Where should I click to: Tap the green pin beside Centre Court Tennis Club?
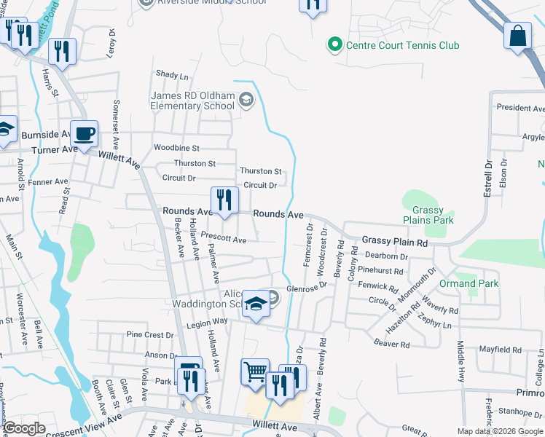click(335, 45)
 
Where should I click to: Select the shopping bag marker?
click(517, 36)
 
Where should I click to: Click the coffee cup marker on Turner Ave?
click(85, 134)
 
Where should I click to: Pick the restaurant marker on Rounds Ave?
click(224, 200)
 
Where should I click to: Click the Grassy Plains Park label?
click(428, 215)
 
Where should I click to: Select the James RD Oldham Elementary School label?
click(192, 101)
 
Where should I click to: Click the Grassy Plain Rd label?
click(395, 240)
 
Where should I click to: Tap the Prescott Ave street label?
click(224, 239)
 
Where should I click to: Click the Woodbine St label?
click(176, 148)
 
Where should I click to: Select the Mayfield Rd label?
click(500, 350)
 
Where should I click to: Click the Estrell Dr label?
click(489, 176)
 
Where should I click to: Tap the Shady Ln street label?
click(172, 75)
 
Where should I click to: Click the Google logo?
click(24, 428)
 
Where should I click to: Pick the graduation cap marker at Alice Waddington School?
click(256, 304)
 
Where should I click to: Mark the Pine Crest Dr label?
click(150, 335)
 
